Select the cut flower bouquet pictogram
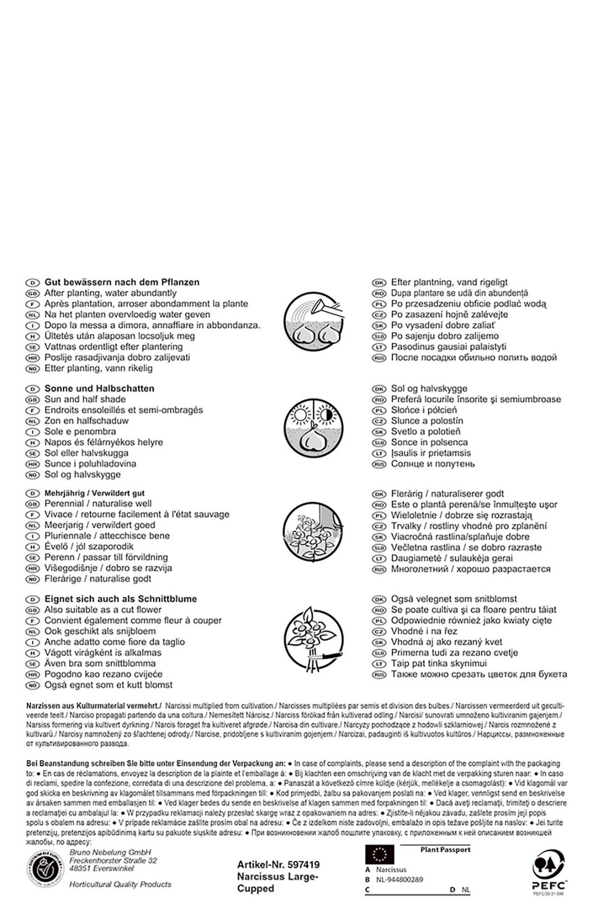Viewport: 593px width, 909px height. pos(313,636)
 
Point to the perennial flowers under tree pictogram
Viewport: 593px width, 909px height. pos(313,532)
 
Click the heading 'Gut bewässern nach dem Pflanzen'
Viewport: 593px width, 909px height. pos(122,282)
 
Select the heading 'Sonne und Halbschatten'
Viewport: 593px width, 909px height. pos(99,389)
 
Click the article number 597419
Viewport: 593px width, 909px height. pos(279,865)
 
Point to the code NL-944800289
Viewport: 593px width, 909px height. pos(399,879)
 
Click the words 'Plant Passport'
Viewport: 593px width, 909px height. pos(445,850)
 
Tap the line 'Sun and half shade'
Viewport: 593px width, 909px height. pos(85,399)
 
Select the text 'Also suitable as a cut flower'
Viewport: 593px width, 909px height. pos(103,610)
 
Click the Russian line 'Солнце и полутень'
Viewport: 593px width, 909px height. pos(433,464)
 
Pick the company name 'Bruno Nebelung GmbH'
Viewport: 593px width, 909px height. pos(110,853)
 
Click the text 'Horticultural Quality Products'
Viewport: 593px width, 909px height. pos(120,885)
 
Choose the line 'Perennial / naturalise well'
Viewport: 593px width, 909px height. pos(98,503)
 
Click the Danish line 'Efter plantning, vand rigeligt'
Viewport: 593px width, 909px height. pos(449,282)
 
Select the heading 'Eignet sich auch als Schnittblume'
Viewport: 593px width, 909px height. pos(121,599)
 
